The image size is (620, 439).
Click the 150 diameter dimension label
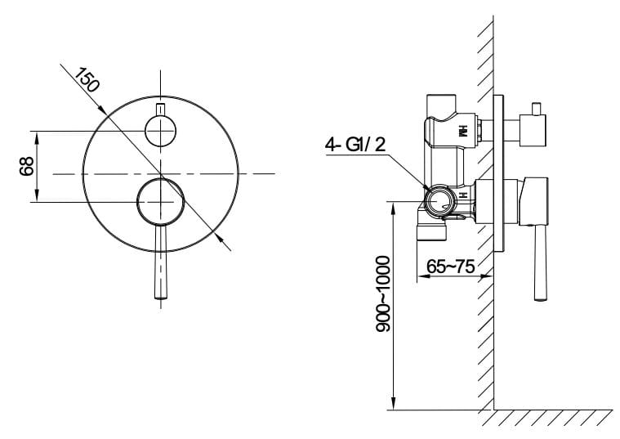point(86,80)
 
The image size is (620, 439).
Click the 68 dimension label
point(27,166)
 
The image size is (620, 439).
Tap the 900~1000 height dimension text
point(382,293)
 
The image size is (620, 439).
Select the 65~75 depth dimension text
point(450,267)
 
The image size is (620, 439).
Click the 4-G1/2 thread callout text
point(355,145)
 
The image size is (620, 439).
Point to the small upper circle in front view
point(161,131)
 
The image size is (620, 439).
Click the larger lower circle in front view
point(161,202)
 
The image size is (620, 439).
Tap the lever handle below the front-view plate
point(161,262)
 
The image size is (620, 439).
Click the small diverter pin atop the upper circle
point(161,110)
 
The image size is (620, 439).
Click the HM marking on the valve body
point(462,131)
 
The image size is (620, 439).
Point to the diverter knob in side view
point(533,130)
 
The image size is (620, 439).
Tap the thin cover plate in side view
point(498,173)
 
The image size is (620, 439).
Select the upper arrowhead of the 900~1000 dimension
point(393,208)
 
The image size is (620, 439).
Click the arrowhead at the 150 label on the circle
point(102,110)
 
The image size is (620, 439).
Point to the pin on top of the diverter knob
point(536,109)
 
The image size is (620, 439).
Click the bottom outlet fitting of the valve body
point(431,228)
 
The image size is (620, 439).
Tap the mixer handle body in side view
point(533,201)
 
